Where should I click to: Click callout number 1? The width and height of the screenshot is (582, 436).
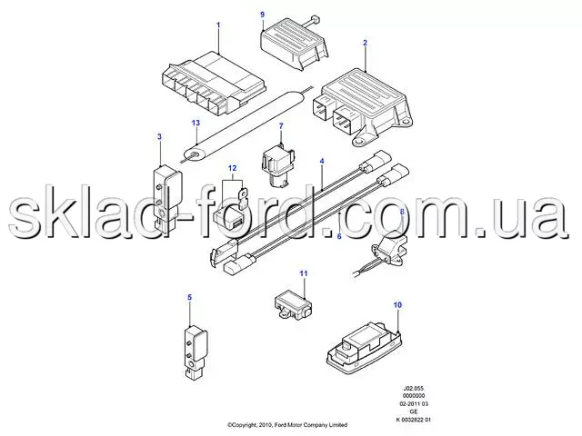click(218, 25)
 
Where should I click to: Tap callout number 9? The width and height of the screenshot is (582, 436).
click(263, 15)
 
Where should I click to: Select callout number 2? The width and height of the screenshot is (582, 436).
click(365, 43)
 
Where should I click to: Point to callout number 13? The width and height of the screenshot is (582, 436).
click(196, 123)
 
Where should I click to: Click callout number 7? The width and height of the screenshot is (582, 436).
click(281, 126)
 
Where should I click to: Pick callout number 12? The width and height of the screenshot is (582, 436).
click(232, 168)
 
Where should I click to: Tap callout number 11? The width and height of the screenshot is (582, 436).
click(304, 273)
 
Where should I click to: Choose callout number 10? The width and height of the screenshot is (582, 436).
click(397, 305)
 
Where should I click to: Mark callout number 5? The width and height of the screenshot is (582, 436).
click(190, 297)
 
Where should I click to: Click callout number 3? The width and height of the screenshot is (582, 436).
click(160, 137)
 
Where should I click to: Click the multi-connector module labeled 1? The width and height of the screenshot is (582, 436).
click(215, 83)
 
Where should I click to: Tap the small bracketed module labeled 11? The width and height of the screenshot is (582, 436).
click(293, 305)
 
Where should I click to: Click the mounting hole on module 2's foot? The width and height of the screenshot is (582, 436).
click(359, 141)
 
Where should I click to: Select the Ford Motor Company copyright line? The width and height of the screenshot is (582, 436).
click(287, 425)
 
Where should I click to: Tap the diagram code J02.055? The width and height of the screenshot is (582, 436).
click(414, 389)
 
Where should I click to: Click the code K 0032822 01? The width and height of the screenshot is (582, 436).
click(414, 420)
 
